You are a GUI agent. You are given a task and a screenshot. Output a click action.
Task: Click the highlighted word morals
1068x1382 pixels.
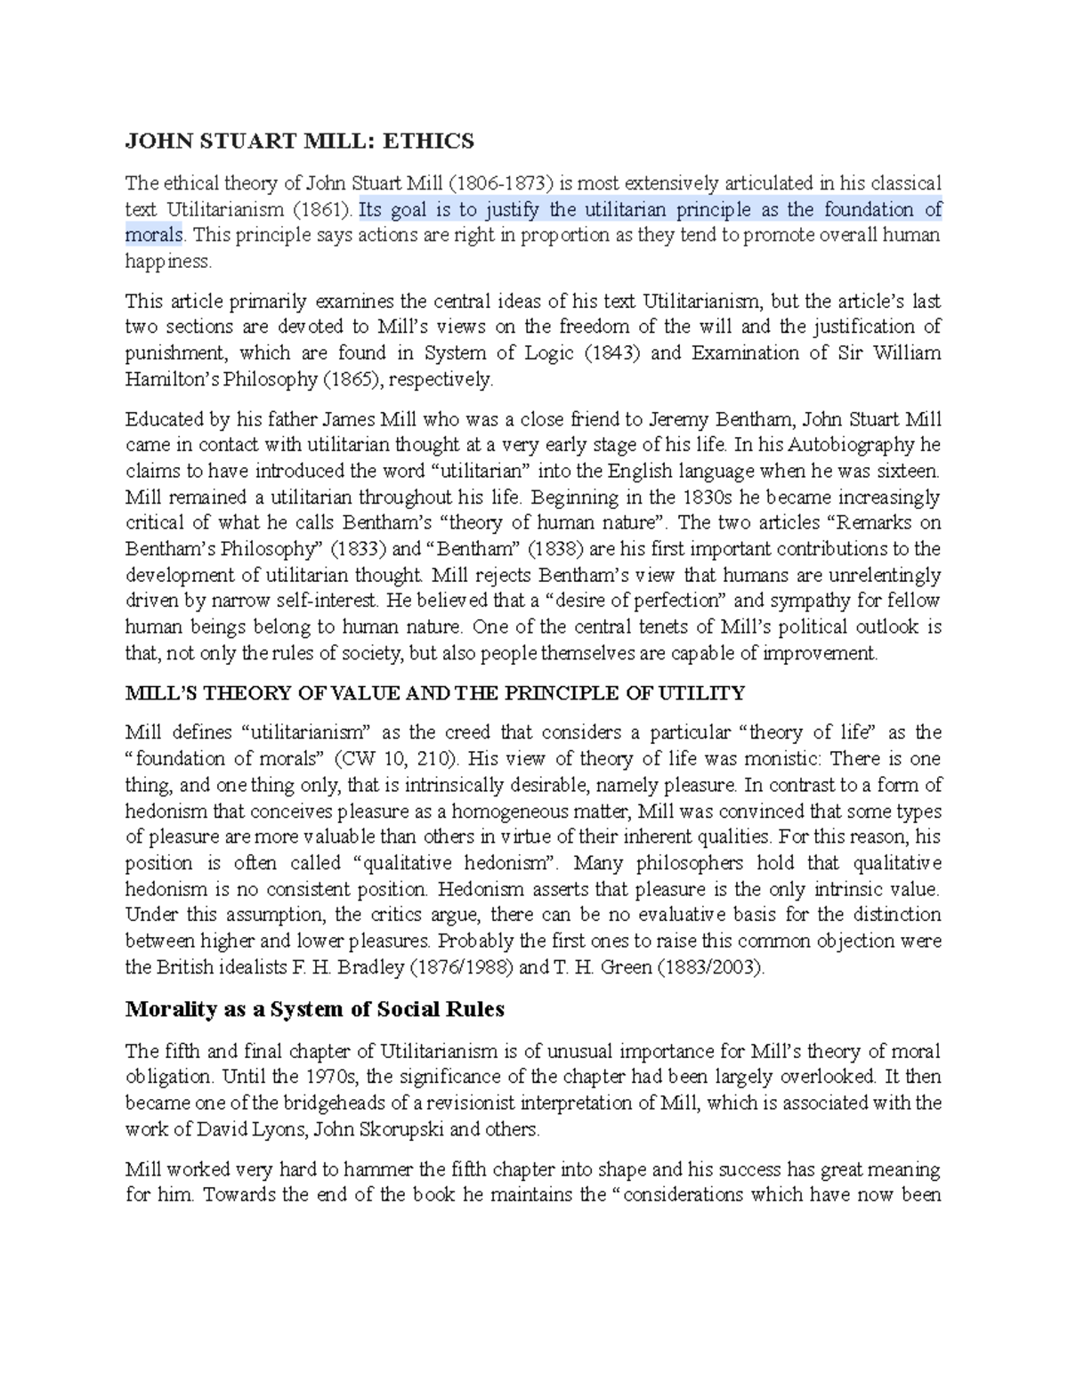154,236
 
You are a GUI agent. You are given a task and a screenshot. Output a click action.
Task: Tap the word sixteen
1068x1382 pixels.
908,471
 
